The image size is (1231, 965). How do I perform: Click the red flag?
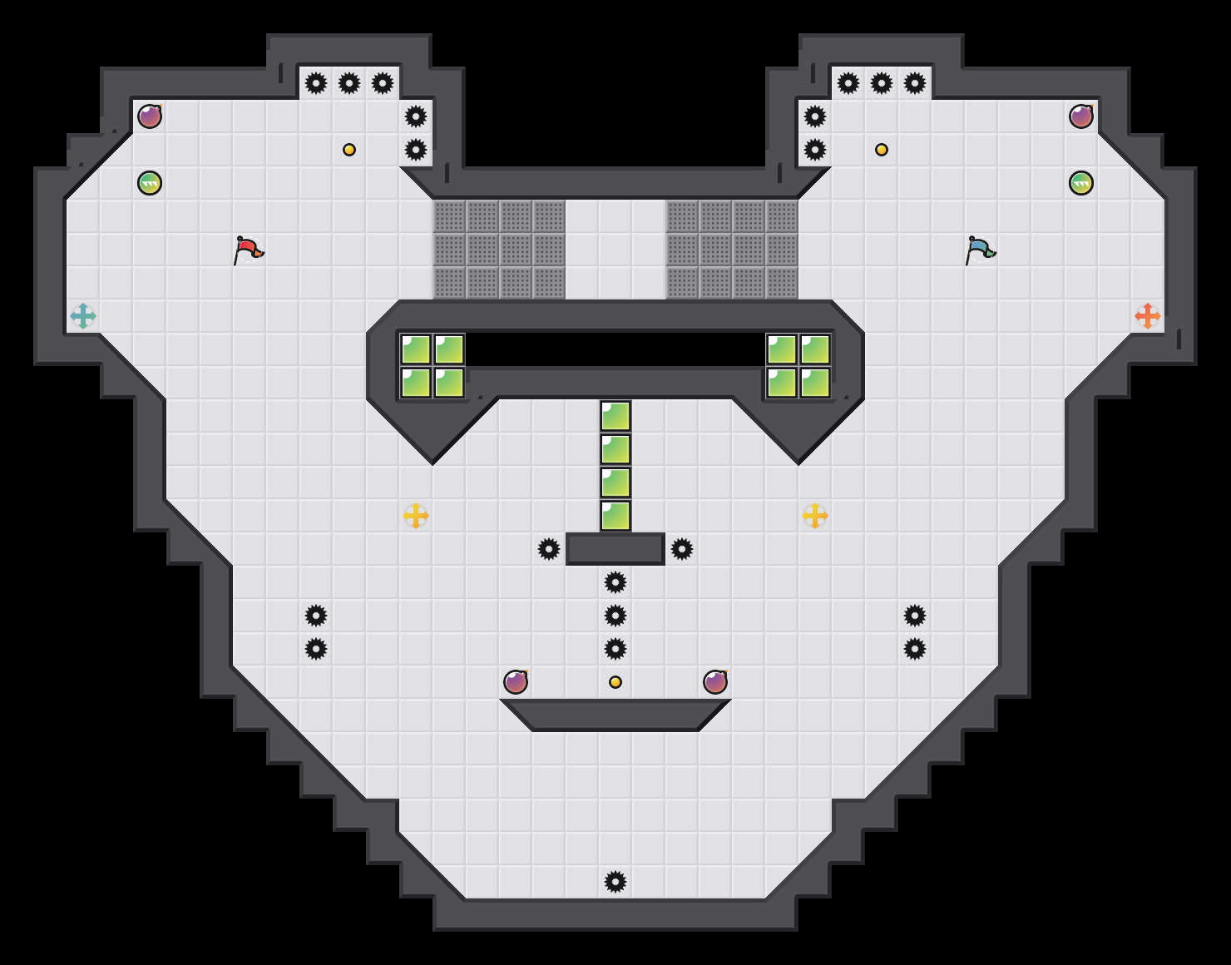[x=247, y=250]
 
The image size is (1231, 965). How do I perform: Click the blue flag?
[x=979, y=250]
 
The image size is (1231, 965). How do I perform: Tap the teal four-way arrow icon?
[x=83, y=316]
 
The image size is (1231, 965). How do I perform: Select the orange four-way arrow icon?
[x=1148, y=316]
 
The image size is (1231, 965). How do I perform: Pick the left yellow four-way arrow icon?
[x=416, y=516]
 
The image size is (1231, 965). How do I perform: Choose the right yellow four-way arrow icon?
[x=815, y=516]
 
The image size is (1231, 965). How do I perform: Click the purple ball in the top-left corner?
[x=150, y=116]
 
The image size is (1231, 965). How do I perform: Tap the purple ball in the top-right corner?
[x=1081, y=116]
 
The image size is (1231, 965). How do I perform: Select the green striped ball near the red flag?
[x=150, y=183]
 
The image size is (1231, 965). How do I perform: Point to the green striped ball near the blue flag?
[x=1081, y=183]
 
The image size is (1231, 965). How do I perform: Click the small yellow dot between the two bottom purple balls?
[x=615, y=682]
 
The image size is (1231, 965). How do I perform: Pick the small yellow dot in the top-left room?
[x=349, y=150]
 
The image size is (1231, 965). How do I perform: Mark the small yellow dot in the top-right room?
[x=882, y=150]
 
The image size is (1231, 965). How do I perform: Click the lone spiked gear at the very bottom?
[x=615, y=882]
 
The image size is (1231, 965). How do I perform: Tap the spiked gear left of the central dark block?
[x=549, y=549]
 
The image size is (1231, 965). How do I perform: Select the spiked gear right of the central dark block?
[x=682, y=549]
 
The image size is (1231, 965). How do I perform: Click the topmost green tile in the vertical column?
[x=615, y=416]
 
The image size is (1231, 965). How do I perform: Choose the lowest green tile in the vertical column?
[x=615, y=516]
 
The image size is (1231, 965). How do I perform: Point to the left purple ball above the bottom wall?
[x=516, y=682]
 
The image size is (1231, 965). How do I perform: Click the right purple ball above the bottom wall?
[x=715, y=682]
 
